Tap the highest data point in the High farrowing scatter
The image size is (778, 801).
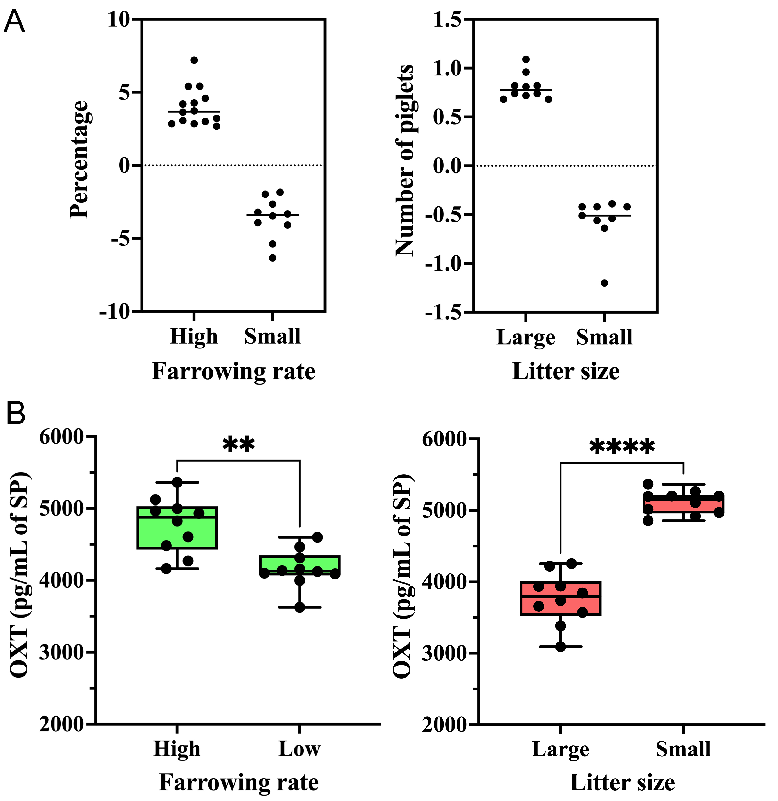click(x=194, y=60)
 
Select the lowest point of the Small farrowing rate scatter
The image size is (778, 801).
click(x=273, y=258)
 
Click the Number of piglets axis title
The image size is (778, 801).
click(x=405, y=160)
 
